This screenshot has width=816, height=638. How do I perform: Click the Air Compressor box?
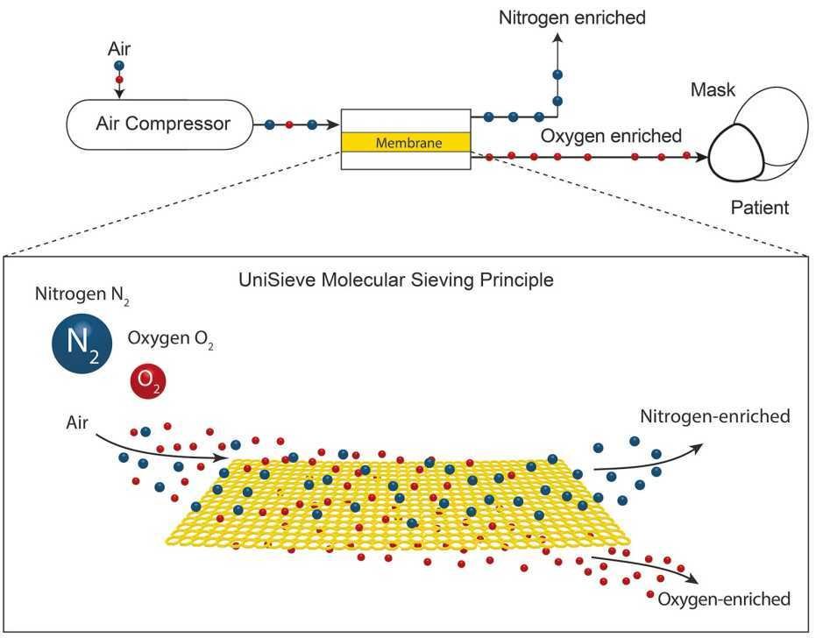pyautogui.click(x=161, y=124)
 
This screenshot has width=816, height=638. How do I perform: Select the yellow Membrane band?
pyautogui.click(x=405, y=142)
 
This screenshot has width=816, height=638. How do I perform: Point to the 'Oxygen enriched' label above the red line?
pyautogui.click(x=611, y=136)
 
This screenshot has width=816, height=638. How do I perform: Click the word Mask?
pyautogui.click(x=712, y=90)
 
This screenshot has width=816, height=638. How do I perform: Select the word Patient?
pyautogui.click(x=759, y=209)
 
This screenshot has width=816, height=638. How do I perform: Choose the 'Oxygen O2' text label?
pyautogui.click(x=171, y=338)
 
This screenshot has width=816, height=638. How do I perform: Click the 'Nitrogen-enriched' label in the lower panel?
pyautogui.click(x=715, y=415)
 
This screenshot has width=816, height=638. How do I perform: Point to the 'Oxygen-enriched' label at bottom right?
pyautogui.click(x=723, y=599)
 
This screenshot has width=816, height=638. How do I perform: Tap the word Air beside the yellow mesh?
pyautogui.click(x=79, y=422)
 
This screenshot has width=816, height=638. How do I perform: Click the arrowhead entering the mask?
pyautogui.click(x=701, y=158)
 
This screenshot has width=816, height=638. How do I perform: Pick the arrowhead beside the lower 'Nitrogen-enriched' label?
pyautogui.click(x=698, y=446)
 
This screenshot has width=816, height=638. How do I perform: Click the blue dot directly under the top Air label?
pyautogui.click(x=119, y=66)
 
